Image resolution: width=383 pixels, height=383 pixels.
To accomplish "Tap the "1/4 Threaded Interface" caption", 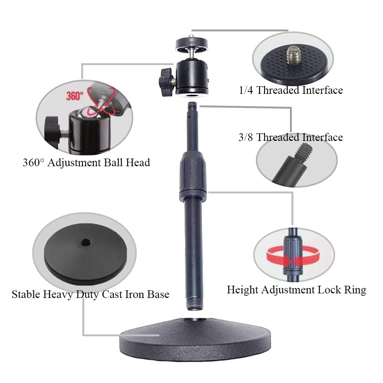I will [290, 90].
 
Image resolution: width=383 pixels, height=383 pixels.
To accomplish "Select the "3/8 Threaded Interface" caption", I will [290, 137].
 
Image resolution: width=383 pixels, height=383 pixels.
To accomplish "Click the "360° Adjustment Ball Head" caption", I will [86, 162].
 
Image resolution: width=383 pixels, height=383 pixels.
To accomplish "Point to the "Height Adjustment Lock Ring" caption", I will [296, 290].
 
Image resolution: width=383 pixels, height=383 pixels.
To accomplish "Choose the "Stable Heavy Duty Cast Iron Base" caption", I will [90, 294].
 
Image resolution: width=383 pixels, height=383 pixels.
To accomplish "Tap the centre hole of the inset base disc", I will [85, 242].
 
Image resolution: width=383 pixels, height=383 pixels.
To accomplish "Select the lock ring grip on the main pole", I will [192, 176].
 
